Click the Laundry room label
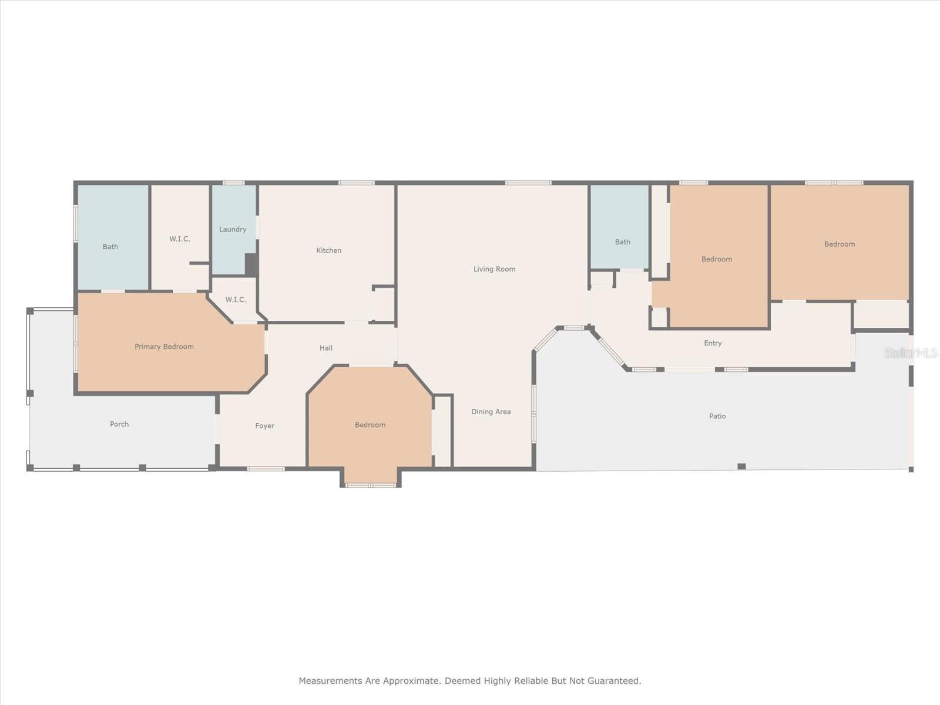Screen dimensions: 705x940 233,229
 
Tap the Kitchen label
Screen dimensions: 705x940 328,250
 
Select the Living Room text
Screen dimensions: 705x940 494,269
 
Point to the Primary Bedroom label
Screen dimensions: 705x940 164,347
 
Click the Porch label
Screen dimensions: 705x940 119,424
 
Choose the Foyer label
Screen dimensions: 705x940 264,426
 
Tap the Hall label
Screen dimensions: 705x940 326,348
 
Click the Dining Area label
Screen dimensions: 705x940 491,412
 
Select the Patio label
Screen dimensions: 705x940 717,416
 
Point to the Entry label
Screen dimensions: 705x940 713,343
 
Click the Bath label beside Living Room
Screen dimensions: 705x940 622,242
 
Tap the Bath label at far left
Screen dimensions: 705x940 110,247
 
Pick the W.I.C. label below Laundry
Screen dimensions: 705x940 236,300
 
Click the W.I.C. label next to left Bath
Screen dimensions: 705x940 180,239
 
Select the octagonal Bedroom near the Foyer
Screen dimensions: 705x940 370,425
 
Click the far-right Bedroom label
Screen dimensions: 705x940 839,244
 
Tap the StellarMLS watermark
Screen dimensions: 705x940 911,353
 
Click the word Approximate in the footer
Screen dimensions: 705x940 411,681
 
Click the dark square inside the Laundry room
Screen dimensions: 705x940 251,264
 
